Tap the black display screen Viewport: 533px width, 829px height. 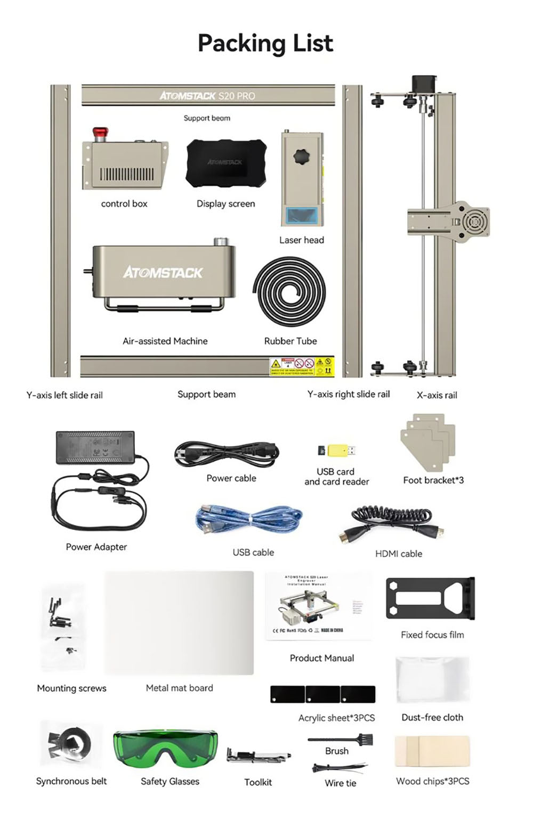226,163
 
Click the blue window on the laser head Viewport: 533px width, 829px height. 302,216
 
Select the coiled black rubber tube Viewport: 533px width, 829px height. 289,291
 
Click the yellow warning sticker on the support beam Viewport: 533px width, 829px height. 302,366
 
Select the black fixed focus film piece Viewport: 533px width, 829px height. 430,598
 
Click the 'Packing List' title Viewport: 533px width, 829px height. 265,43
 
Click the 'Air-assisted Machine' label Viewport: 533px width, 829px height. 165,341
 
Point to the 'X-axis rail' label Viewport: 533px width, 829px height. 437,395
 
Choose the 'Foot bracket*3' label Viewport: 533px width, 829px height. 433,480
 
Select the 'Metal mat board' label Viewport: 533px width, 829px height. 179,688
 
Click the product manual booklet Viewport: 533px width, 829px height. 319,606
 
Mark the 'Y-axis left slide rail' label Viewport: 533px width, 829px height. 64,395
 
